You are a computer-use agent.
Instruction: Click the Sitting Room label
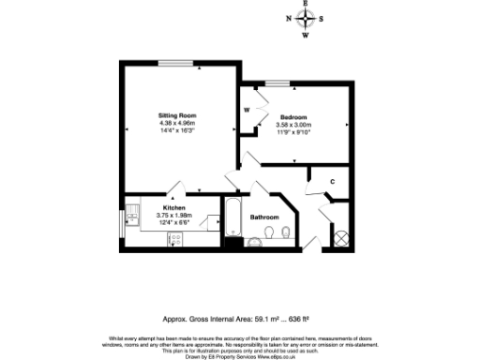coord(177,114)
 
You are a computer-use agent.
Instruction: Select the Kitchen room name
coord(173,206)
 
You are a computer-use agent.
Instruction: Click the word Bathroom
coord(263,217)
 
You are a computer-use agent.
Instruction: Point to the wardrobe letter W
coord(247,110)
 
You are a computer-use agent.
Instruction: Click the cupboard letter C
coord(332,181)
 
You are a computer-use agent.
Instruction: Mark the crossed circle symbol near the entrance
coord(342,237)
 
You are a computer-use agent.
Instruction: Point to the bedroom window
coord(276,85)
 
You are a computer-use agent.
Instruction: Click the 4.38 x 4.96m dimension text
coord(177,123)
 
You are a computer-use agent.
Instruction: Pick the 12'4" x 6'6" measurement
coord(173,222)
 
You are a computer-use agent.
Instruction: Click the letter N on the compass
coord(289,19)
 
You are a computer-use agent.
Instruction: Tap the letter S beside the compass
coord(322,19)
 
